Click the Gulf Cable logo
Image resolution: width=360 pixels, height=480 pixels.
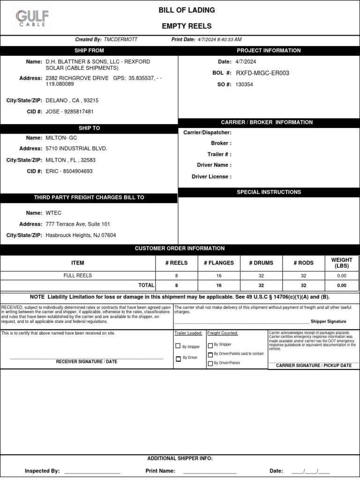click(x=32, y=19)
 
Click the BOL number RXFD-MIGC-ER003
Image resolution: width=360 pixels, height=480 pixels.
click(x=262, y=73)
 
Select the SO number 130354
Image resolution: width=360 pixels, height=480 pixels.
click(x=244, y=85)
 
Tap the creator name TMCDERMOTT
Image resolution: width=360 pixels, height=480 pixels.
click(x=121, y=40)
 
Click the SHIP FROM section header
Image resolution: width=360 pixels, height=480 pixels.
click(x=89, y=51)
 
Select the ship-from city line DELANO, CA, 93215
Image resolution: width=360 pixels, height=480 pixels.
click(x=72, y=100)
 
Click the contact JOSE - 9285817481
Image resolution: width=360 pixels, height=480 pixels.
click(x=69, y=112)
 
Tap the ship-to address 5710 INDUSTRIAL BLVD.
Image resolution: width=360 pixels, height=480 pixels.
click(x=76, y=149)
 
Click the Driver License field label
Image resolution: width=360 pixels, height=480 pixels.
click(x=211, y=177)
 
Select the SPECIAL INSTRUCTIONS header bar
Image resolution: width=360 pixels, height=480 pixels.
click(x=269, y=192)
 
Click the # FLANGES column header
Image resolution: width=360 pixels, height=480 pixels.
click(x=218, y=263)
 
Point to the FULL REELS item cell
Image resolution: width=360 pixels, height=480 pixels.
click(x=78, y=276)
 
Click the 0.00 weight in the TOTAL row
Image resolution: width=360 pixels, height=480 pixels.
click(x=342, y=285)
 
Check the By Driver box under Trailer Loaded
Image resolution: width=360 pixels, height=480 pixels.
click(x=178, y=359)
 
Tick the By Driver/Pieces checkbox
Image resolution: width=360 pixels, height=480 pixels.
click(x=210, y=363)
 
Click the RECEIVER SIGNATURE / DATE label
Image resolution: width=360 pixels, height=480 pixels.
click(x=87, y=362)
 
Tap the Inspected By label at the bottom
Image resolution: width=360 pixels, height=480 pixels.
click(x=42, y=471)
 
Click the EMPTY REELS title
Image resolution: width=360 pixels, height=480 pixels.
click(x=187, y=26)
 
